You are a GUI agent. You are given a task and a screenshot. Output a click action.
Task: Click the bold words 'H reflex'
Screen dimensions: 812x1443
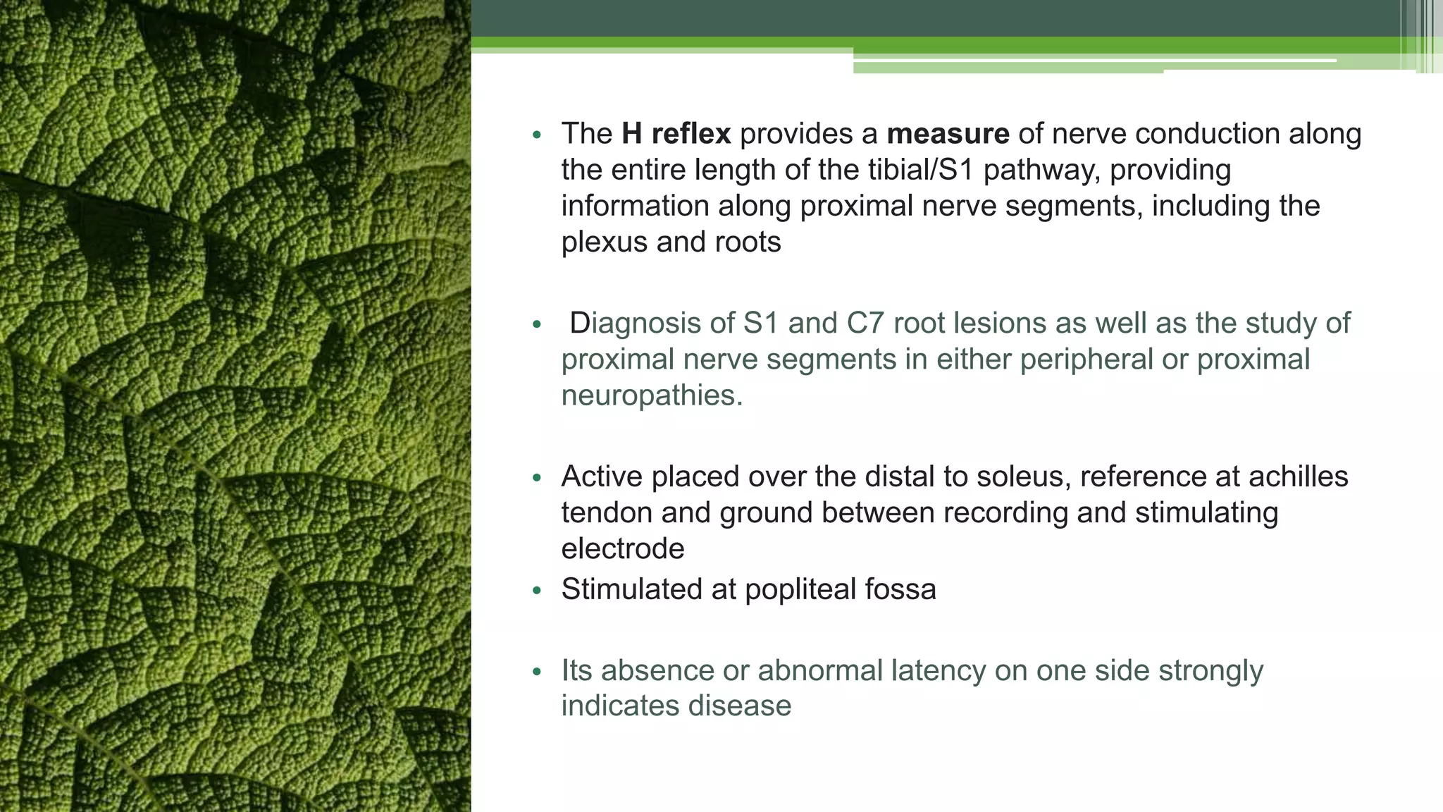676,134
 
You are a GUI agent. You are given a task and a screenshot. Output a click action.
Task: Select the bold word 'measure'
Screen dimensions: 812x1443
948,134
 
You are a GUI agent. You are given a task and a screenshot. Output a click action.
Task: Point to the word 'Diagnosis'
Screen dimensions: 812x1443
635,324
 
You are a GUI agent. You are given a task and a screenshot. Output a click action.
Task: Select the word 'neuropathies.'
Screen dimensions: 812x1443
652,395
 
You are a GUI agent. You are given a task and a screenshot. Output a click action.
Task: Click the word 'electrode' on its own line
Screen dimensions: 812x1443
623,549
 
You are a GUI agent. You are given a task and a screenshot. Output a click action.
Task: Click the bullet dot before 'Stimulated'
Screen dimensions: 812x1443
537,591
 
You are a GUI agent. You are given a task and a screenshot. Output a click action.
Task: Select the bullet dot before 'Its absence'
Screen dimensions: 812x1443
537,672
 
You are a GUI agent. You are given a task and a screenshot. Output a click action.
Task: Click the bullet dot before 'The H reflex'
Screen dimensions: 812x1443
537,135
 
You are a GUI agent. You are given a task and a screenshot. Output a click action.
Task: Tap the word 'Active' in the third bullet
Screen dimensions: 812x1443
602,477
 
